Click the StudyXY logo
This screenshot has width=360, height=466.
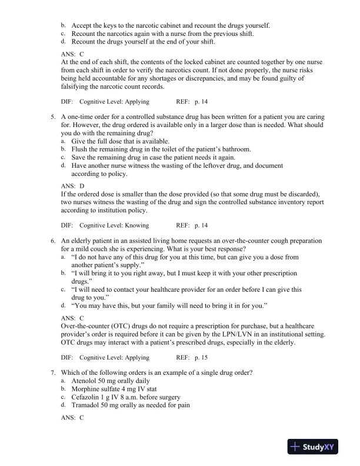(315, 448)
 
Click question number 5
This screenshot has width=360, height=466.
(53, 118)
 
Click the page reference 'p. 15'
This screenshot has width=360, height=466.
(200, 357)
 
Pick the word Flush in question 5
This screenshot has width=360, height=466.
(81, 149)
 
